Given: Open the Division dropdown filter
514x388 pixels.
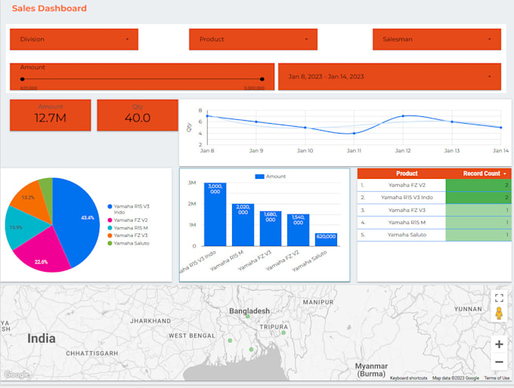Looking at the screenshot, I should (x=74, y=39).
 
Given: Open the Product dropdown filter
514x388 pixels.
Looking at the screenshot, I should (x=253, y=39).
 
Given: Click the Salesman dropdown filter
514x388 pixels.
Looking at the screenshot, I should (x=436, y=39).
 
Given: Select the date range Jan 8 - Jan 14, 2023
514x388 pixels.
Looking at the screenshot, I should (x=389, y=76).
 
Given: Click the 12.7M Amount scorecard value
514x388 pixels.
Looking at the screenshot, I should (x=51, y=118).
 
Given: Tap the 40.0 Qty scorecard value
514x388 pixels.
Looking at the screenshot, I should (x=138, y=118).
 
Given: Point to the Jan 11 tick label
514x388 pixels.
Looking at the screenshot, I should (x=354, y=151).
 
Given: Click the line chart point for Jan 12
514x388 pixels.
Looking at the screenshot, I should (x=403, y=116).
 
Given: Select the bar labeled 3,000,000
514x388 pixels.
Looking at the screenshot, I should (x=215, y=214).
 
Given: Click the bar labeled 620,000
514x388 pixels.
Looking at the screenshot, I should (x=326, y=239).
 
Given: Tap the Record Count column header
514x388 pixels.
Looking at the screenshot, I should (x=481, y=174).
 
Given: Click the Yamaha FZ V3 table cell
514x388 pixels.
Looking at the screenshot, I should (x=407, y=210).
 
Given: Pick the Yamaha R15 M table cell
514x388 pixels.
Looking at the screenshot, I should (x=407, y=223).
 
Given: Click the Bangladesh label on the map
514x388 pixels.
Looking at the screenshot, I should (x=249, y=311).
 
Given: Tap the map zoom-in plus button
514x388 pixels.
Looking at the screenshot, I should (x=499, y=344).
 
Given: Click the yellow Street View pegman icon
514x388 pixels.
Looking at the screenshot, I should (x=499, y=314).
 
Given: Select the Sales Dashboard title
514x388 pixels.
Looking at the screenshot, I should (x=49, y=8).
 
